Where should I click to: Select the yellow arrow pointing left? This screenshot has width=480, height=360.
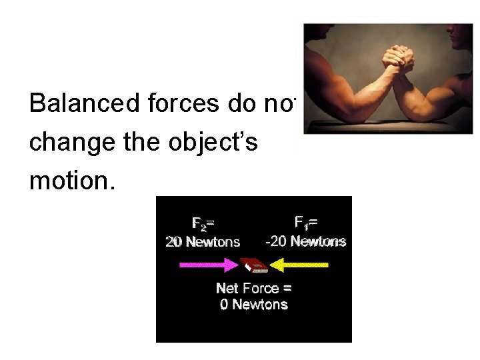[x=299, y=265]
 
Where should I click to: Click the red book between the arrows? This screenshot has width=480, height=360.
[x=255, y=264]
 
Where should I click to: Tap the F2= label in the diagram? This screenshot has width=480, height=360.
[x=203, y=223]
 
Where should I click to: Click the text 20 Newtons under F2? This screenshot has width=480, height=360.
[x=203, y=241]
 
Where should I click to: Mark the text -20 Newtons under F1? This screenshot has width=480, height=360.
[x=305, y=241]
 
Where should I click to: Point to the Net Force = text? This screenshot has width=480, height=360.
[x=254, y=288]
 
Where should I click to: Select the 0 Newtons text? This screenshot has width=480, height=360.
[x=254, y=305]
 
